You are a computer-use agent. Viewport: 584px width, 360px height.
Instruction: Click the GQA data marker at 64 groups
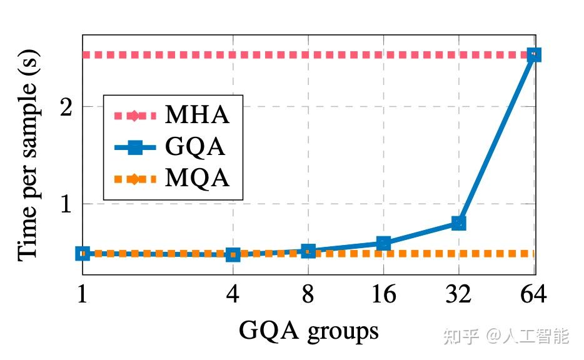[534, 55]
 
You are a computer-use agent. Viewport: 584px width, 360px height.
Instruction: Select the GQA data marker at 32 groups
[458, 223]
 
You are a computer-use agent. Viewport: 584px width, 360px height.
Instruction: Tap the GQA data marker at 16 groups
[383, 243]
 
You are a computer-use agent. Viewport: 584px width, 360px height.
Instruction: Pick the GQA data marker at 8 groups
[308, 251]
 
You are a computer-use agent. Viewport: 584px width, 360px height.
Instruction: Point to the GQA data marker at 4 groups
[233, 254]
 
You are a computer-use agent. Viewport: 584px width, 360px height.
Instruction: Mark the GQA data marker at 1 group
[83, 253]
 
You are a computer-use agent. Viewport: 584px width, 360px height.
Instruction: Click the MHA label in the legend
[197, 116]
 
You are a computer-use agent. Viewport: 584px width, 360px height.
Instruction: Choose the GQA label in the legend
[195, 147]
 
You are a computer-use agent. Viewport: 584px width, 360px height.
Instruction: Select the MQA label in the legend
[197, 179]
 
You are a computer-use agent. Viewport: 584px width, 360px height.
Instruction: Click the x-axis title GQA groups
[308, 330]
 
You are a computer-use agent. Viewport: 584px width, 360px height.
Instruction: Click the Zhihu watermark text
[506, 336]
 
